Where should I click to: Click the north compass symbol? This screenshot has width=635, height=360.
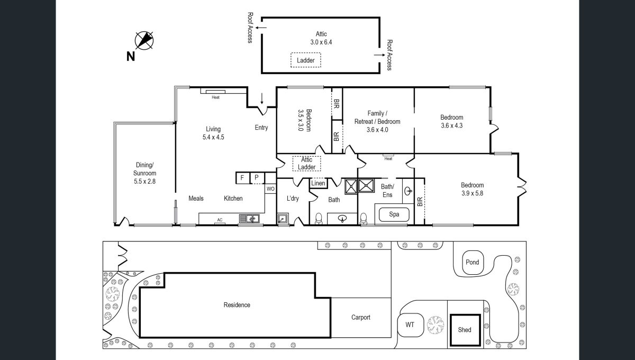pos(144,40)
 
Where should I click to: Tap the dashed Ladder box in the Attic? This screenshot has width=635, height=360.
pos(306,60)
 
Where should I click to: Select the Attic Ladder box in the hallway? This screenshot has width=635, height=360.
pos(306,164)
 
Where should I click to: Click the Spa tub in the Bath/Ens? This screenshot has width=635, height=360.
pos(394,214)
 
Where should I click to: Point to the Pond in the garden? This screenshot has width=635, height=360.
pos(472,262)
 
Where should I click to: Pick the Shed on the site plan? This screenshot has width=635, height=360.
pos(465,330)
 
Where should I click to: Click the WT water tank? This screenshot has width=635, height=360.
pos(410,325)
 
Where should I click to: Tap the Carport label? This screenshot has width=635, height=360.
pos(360,318)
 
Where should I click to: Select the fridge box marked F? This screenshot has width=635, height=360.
pos(242,178)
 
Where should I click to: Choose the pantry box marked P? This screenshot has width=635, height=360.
pos(257,178)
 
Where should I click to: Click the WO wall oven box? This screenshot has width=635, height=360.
pos(270,189)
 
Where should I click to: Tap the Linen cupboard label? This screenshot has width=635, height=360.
pos(318,183)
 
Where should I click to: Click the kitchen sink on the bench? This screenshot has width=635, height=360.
pos(249,219)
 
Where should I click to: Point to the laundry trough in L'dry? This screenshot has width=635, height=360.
pos(283,219)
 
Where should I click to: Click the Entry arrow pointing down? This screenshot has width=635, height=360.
pos(261,98)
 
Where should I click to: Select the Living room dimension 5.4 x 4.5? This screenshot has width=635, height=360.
pos(213,137)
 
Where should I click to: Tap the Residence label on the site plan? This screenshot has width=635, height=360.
pos(237,305)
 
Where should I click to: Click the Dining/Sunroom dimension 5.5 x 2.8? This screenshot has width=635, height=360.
pos(144,181)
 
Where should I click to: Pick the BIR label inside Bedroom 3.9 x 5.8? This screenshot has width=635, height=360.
pos(420,201)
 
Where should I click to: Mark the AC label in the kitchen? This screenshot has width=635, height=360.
pos(220,220)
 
